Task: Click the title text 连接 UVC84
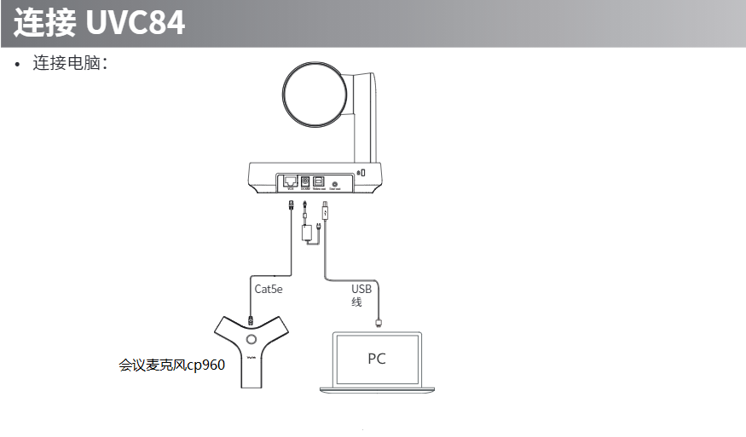click(x=99, y=22)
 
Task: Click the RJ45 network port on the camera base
click(x=290, y=181)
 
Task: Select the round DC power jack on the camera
click(x=304, y=181)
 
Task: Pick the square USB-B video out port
click(x=319, y=181)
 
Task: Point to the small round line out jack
click(x=335, y=182)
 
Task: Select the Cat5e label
click(x=268, y=289)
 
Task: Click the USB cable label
click(x=361, y=295)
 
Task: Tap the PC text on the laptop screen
click(x=376, y=359)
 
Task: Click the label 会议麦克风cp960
click(x=171, y=365)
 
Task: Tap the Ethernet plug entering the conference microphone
click(x=251, y=319)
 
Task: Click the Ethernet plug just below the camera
click(x=291, y=206)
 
